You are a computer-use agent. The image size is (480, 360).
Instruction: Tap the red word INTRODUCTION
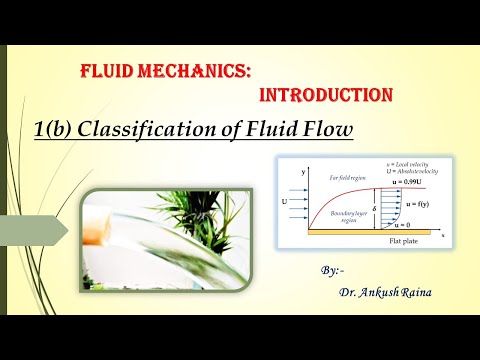tap(325, 96)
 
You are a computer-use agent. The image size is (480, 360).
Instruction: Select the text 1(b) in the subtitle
tap(57, 129)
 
